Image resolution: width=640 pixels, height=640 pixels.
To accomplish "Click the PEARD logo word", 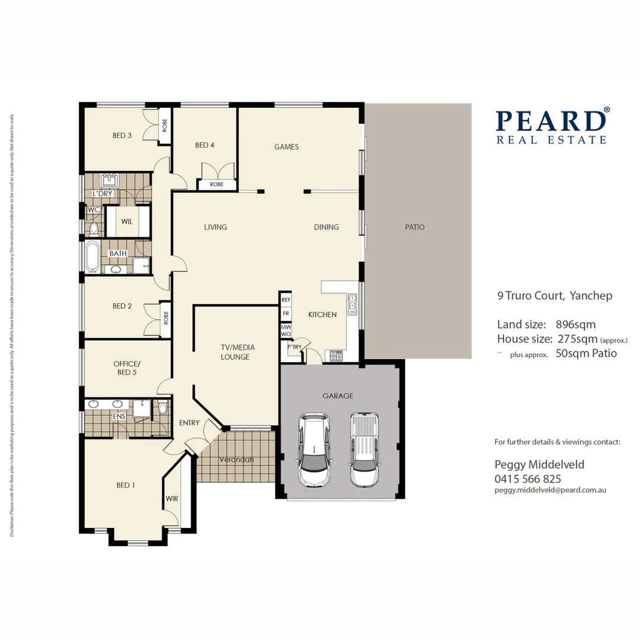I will (551, 120).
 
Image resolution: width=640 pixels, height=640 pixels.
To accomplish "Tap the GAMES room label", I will (286, 147).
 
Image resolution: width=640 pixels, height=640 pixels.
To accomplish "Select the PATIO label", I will (415, 227).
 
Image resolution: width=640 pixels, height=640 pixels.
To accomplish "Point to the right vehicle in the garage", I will (364, 449).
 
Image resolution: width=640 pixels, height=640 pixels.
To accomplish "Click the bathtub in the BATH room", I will (92, 257).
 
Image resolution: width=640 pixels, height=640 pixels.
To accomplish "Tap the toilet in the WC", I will (93, 228).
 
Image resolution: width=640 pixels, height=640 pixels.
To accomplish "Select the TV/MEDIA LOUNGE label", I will (235, 353).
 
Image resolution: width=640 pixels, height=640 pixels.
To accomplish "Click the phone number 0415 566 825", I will (527, 479).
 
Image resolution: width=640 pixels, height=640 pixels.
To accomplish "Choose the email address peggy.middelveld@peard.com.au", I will (550, 490).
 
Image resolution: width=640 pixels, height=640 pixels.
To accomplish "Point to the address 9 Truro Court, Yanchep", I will (555, 296).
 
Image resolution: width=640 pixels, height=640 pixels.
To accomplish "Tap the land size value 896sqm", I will (575, 325).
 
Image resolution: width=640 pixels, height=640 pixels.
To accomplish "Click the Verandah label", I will (236, 460).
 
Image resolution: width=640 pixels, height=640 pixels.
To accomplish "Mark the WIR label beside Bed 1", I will (172, 498).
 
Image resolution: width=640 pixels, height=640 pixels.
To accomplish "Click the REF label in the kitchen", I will (286, 300).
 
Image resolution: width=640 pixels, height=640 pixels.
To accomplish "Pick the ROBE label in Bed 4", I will (217, 184).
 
